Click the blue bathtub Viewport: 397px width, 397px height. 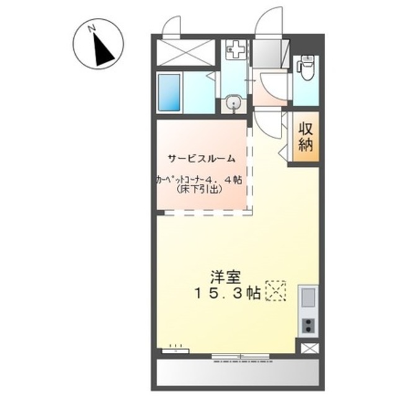point(169,93)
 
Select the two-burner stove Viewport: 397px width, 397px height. point(308,326)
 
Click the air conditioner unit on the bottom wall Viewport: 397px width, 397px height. point(175,350)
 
